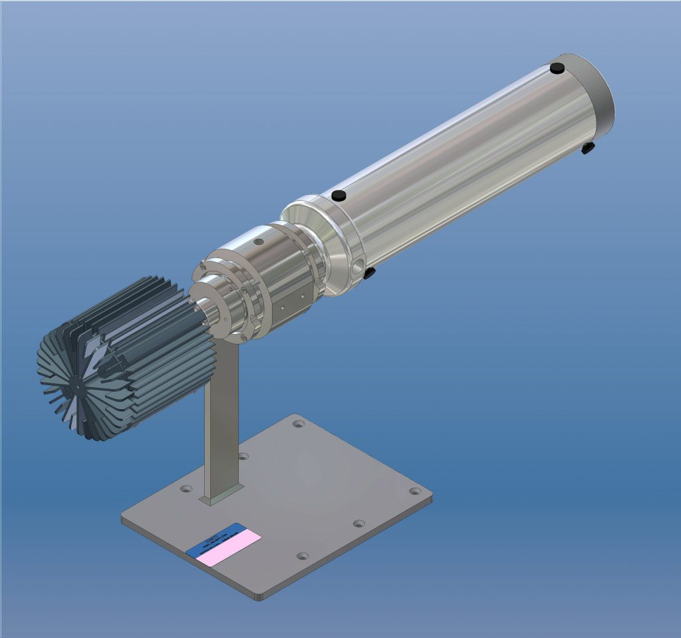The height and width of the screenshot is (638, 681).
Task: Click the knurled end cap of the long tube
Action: click(x=594, y=90)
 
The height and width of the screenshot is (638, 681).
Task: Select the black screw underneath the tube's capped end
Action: click(x=587, y=148)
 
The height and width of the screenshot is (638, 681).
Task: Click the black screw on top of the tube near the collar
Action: click(x=339, y=195)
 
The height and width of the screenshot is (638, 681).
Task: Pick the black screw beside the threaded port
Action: click(x=370, y=271)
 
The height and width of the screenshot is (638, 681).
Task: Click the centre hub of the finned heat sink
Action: click(x=78, y=384)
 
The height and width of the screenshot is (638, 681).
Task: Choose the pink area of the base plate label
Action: click(x=231, y=547)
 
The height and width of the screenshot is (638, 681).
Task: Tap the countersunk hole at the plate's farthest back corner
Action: click(x=299, y=423)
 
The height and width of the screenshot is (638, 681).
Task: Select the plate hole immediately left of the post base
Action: click(x=186, y=489)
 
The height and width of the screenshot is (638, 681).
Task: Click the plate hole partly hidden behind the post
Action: click(x=243, y=456)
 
